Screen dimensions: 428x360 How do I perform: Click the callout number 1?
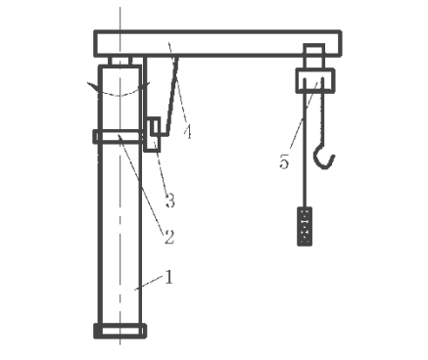point(168,277)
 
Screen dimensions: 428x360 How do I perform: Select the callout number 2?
point(169,237)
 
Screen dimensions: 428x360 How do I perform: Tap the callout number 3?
point(170,201)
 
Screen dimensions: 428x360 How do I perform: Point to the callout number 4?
point(187,132)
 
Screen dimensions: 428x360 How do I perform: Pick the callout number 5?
point(284,161)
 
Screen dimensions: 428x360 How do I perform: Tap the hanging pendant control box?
point(305,226)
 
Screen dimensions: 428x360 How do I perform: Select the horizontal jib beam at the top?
point(217,44)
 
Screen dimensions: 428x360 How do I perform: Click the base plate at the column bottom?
point(119,331)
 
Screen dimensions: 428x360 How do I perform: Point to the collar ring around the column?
point(119,137)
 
